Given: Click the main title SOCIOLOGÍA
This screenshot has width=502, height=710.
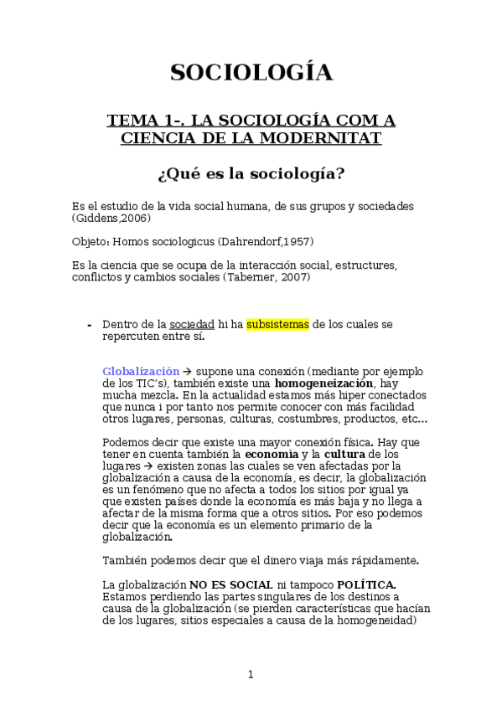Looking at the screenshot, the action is (251, 73).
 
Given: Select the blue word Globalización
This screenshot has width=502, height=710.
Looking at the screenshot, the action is (141, 370).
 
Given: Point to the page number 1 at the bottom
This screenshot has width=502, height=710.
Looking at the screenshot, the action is (251, 674).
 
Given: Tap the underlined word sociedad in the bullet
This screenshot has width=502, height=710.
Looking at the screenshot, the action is (192, 324).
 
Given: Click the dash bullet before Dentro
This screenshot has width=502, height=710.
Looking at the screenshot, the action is (89, 325).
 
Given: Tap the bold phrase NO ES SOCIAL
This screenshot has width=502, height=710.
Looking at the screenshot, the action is (230, 584).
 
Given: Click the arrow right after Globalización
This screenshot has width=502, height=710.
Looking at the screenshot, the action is (188, 370).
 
